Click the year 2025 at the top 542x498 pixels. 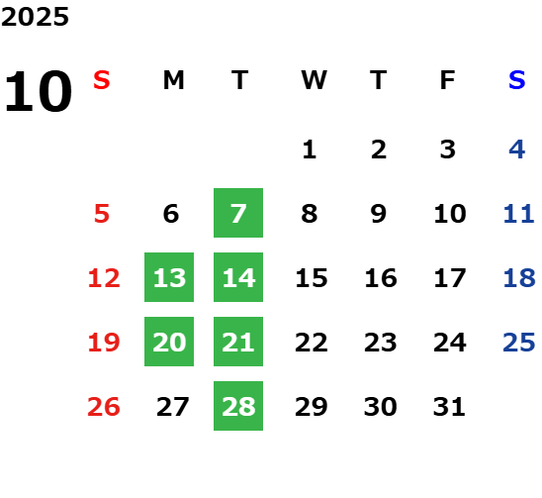tap(35, 17)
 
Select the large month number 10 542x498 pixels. tap(38, 91)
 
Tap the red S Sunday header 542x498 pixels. tap(102, 80)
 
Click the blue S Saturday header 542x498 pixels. tap(516, 80)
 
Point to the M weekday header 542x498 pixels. tap(173, 80)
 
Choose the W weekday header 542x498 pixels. tap(314, 80)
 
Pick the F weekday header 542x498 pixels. tap(448, 80)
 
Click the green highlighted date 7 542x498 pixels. tap(238, 213)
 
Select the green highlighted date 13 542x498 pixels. tap(169, 277)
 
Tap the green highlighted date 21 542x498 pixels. tap(238, 342)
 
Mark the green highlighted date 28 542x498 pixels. tap(238, 406)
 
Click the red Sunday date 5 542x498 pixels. tap(102, 214)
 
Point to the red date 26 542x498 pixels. tap(104, 407)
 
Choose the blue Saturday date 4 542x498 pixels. tap(516, 149)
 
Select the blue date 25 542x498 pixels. tap(519, 343)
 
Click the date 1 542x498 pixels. tap(309, 149)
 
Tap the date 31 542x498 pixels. tap(449, 407)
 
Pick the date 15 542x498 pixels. tap(312, 278)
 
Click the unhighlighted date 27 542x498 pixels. tap(172, 407)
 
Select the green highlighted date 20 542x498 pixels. tap(169, 342)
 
